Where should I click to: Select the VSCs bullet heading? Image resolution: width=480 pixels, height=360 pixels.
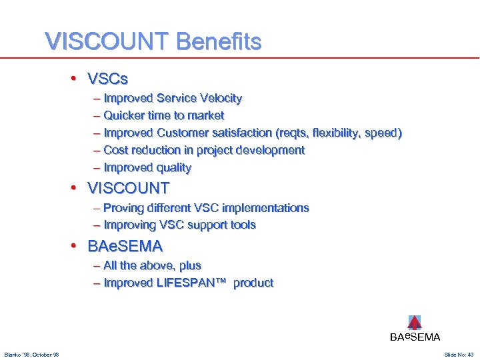(107, 79)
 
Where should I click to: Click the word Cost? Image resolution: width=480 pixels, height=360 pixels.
(116, 151)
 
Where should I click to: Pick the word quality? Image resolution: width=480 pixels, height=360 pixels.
(173, 168)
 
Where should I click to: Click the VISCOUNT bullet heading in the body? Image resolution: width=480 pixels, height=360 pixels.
(129, 188)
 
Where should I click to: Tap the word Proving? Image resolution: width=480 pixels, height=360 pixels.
(124, 208)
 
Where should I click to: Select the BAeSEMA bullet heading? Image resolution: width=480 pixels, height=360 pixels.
(125, 246)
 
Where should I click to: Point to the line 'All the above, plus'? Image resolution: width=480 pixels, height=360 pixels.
(152, 265)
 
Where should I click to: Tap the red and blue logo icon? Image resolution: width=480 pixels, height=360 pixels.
(415, 323)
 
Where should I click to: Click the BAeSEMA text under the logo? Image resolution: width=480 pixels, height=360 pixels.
(415, 337)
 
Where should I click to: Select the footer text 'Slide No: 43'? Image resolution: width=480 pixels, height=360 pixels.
(459, 355)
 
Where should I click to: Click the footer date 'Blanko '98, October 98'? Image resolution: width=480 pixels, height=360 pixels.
(31, 355)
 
